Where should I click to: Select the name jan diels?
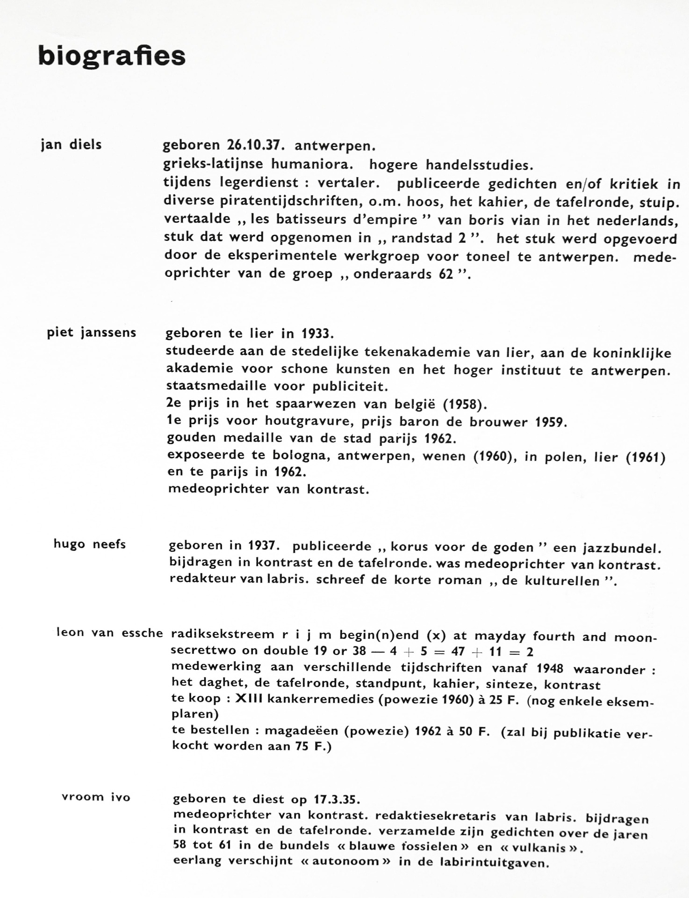(71, 145)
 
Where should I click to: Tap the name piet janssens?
(92, 333)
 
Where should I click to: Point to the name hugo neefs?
(90, 544)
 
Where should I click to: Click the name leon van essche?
(109, 633)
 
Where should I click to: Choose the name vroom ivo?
(96, 797)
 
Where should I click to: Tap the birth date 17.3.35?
(335, 799)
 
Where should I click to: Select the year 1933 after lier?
(317, 334)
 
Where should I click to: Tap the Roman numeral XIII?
(245, 699)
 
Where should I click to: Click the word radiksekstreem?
(222, 635)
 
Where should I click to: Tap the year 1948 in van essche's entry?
(550, 668)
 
